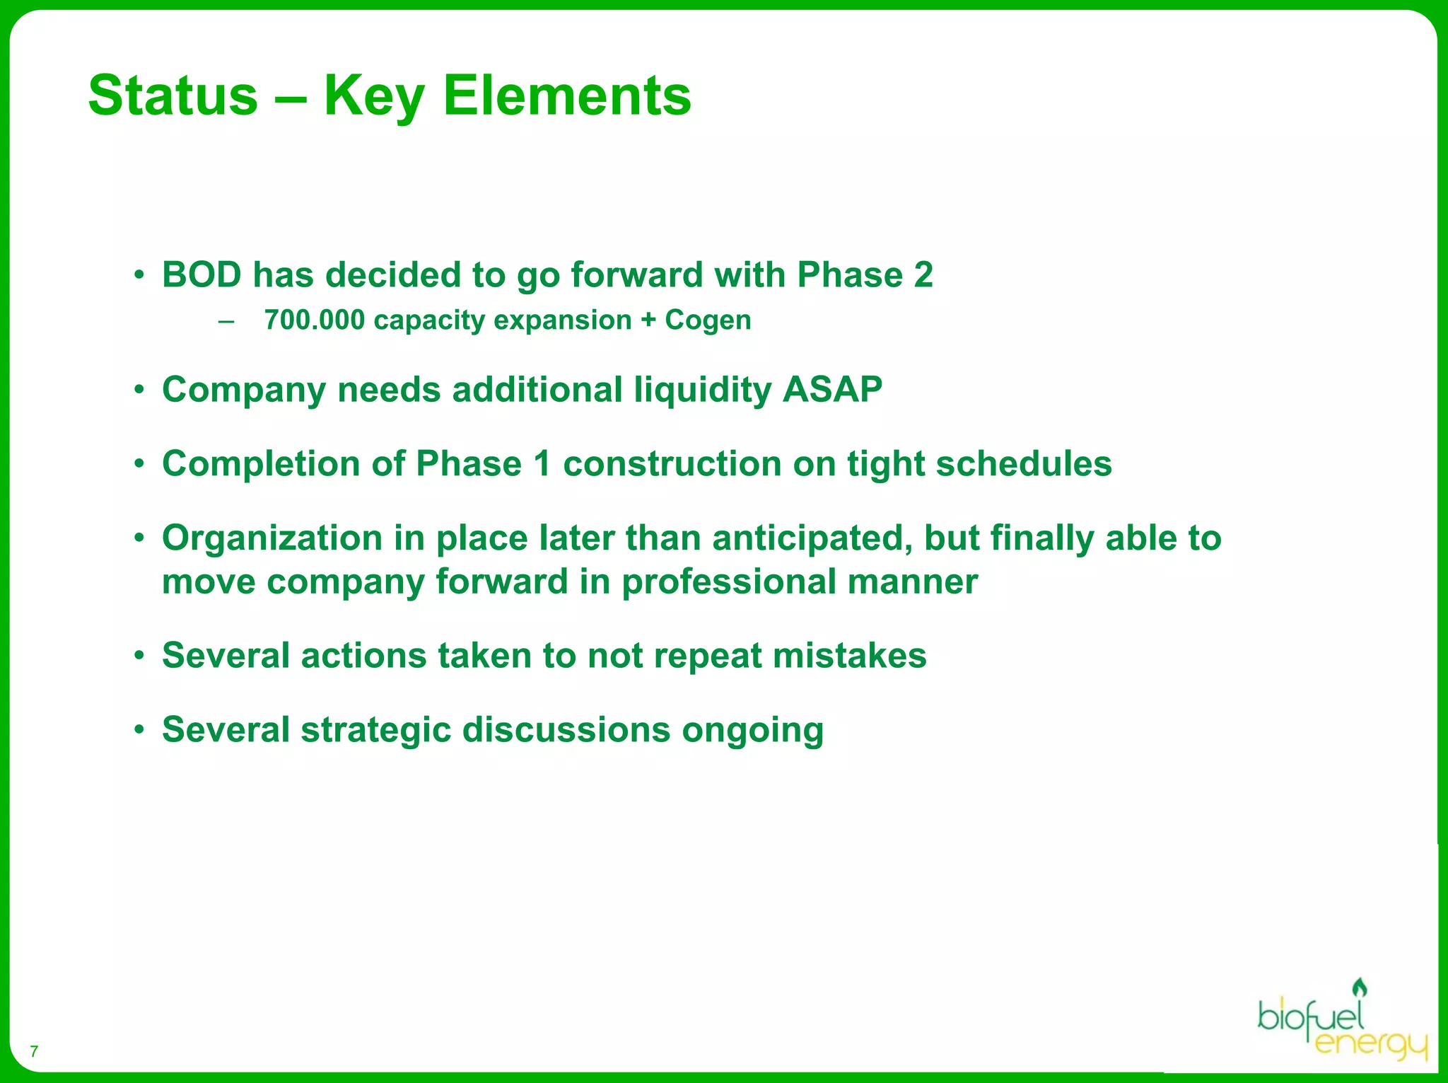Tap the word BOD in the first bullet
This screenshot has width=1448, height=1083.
pos(202,274)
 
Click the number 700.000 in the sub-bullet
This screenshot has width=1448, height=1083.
pos(315,320)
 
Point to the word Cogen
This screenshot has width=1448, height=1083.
pos(708,320)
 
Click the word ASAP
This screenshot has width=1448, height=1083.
pos(832,390)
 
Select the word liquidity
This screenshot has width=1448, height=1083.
pos(702,390)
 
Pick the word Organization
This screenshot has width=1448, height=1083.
pos(272,538)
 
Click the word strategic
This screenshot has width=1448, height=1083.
pos(375,730)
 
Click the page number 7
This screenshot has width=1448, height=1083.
pos(34,1051)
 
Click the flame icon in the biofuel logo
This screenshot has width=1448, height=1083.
pos(1359,988)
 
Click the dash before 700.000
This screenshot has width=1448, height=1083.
pos(226,321)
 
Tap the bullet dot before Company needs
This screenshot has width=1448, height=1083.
pos(140,390)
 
